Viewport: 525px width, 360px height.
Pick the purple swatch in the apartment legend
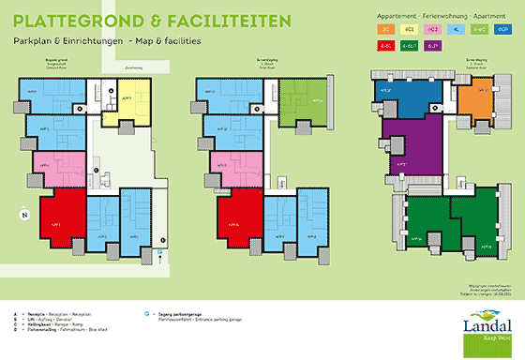pyautogui.click(x=431, y=44)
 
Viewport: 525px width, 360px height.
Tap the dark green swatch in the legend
pyautogui.click(x=409, y=44)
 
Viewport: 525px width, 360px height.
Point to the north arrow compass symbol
pyautogui.click(x=25, y=215)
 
